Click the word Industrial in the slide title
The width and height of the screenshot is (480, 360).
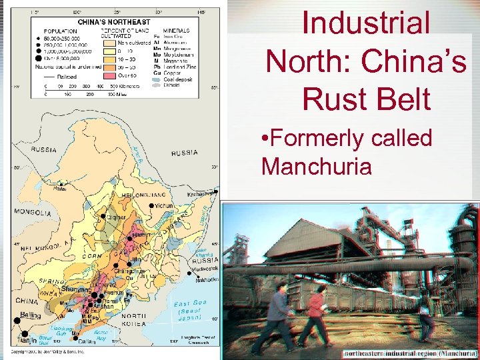(366, 23)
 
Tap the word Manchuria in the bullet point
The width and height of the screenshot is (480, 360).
(317, 165)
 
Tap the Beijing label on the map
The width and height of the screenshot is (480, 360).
(31, 315)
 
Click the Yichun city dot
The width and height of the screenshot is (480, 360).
(150, 207)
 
